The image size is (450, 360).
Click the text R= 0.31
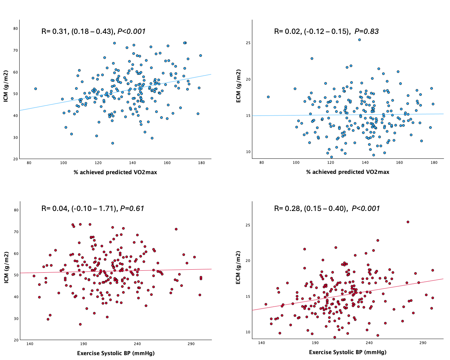[54, 31]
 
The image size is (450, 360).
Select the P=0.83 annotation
[366, 31]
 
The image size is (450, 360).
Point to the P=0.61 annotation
[132, 208]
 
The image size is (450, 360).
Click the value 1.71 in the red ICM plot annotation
[108, 208]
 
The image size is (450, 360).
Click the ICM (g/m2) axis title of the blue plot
[6, 86]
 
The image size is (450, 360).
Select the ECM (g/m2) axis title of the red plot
[238, 267]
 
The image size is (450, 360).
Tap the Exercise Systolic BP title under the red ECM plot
[348, 352]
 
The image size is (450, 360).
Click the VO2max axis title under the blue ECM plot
[348, 172]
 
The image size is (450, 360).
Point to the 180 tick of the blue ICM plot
[201, 163]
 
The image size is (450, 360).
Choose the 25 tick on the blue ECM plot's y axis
[248, 43]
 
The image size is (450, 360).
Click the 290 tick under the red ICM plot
[191, 344]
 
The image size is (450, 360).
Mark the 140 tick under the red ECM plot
[261, 343]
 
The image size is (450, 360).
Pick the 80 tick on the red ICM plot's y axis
[16, 210]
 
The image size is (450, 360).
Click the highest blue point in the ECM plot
[359, 40]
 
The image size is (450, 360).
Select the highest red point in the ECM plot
[408, 222]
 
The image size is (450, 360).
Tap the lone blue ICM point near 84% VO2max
[36, 89]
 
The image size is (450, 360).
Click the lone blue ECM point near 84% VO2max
[268, 97]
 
